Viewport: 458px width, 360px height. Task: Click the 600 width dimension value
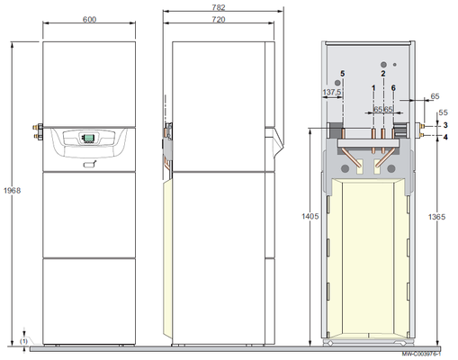[x=89, y=20]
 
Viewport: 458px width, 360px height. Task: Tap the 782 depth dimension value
[x=219, y=7]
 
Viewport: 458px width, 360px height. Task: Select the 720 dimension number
[x=219, y=20]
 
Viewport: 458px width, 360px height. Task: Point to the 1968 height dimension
[x=12, y=190]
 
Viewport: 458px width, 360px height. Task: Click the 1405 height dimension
[x=310, y=216]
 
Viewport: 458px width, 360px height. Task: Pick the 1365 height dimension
[x=436, y=217]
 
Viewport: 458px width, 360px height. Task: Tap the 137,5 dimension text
[x=332, y=92]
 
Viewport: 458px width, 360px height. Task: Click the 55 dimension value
[x=443, y=112]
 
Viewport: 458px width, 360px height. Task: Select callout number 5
[x=343, y=74]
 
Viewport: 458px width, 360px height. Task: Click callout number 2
[x=383, y=74]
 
